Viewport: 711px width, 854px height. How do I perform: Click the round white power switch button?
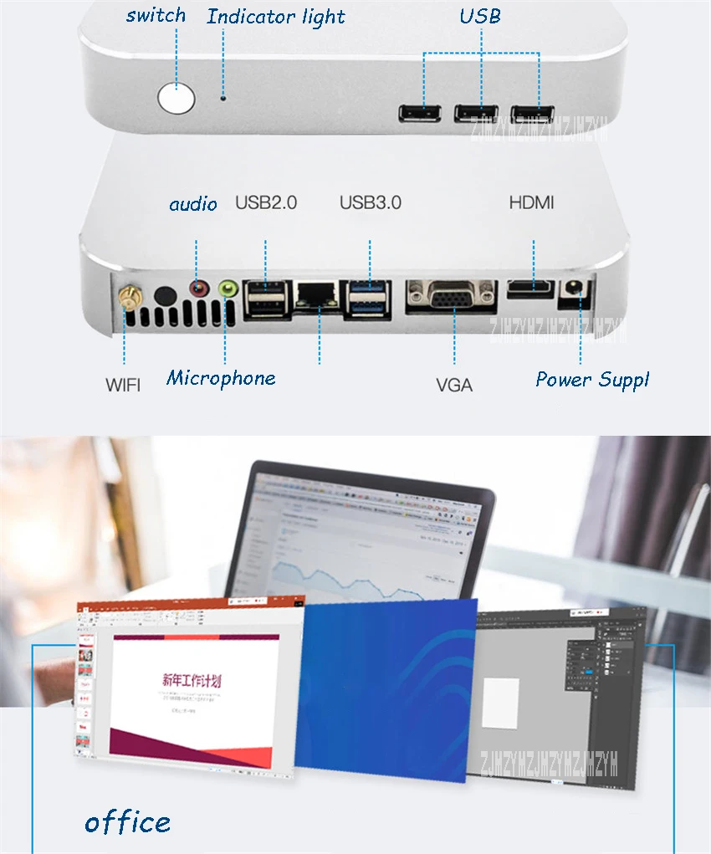176,99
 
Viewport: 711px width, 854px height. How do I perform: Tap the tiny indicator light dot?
223,97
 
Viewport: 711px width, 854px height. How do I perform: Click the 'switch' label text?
156,15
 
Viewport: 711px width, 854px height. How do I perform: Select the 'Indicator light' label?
276,17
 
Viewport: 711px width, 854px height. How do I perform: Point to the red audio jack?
198,289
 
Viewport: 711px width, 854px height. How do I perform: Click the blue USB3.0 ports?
370,299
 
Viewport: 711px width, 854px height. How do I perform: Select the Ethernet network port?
319,297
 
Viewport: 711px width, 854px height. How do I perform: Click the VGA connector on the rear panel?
453,296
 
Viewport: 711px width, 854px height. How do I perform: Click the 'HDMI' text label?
531,202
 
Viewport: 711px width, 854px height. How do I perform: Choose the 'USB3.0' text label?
370,202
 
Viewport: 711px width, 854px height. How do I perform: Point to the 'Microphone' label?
221,378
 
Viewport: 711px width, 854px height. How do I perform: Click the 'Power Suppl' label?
592,380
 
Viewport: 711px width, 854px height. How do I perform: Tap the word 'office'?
127,822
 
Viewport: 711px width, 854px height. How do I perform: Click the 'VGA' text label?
454,385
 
